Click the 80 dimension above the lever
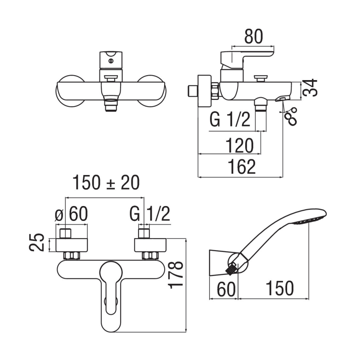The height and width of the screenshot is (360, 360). (253, 37)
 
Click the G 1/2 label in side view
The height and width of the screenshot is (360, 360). (229, 121)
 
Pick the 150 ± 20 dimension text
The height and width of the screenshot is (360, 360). (107, 183)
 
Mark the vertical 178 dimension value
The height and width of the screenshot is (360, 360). (178, 274)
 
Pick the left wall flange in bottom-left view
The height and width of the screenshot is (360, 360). (72, 245)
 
